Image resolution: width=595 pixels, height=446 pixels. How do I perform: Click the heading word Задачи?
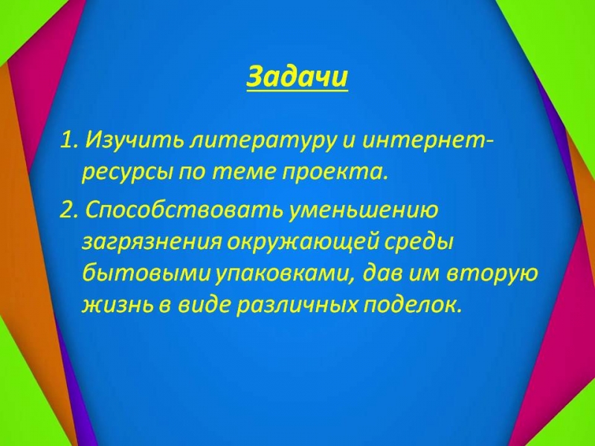pos(297,77)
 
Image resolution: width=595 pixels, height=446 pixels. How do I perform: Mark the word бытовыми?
pos(146,273)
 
